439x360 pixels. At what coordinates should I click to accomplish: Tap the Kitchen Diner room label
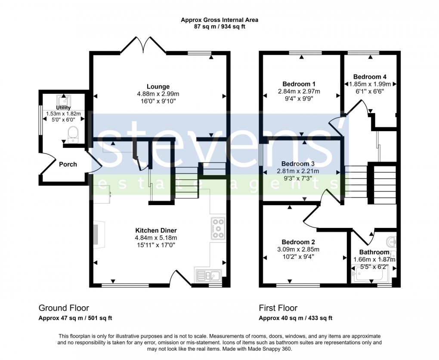point(156,231)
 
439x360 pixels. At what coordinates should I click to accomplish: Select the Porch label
point(68,164)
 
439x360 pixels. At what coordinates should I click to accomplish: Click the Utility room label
point(63,108)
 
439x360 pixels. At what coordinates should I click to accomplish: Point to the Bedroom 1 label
point(299,84)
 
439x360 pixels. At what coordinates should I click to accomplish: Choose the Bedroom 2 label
point(299,242)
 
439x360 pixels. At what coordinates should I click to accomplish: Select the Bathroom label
point(374,252)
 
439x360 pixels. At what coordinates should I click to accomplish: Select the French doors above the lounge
point(143,45)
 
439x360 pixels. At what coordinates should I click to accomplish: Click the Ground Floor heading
point(64,308)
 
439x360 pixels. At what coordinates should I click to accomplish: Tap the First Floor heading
point(278,308)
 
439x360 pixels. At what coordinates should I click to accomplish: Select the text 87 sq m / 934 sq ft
point(219,27)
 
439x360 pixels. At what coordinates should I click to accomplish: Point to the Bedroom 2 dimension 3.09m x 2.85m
point(299,249)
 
